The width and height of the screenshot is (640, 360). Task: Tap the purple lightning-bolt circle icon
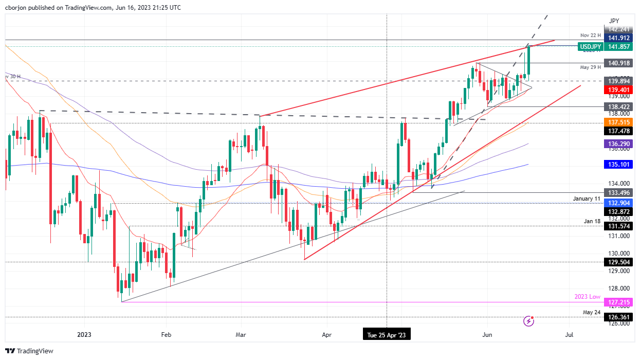click(529, 321)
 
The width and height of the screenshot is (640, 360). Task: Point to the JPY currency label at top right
click(614, 21)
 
